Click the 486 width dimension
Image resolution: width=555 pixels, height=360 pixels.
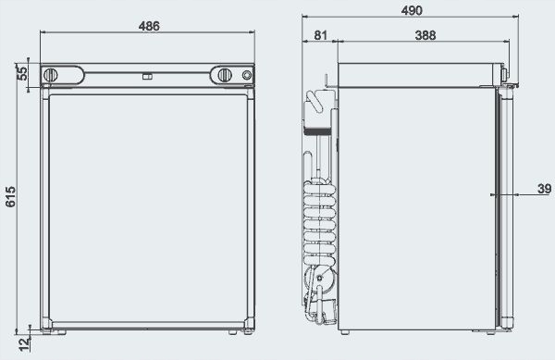[148, 26]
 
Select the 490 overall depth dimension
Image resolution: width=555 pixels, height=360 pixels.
[413, 10]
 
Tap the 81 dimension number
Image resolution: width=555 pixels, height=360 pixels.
[320, 35]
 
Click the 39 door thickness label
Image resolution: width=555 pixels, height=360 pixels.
[544, 190]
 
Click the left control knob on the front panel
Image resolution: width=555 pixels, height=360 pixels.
[56, 74]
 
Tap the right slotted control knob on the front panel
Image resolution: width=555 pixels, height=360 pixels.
[225, 74]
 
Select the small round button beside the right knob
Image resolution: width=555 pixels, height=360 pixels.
[246, 74]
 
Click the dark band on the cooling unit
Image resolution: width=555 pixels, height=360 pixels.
[320, 132]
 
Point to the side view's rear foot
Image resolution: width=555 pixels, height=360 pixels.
[343, 330]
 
